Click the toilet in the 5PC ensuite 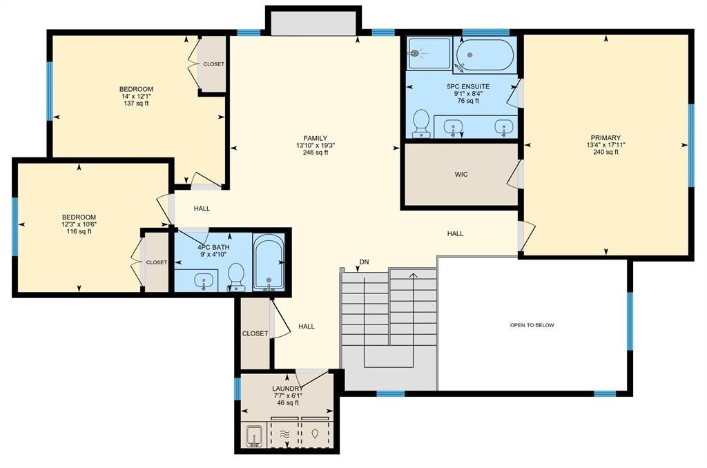[x=421, y=123]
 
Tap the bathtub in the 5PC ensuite [x=485, y=55]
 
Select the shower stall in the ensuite [x=429, y=53]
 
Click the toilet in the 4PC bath [x=236, y=277]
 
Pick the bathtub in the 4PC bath [x=269, y=262]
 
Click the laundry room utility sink [x=254, y=436]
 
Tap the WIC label [x=461, y=175]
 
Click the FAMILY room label [x=315, y=139]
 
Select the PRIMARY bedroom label [x=606, y=137]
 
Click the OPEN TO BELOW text [x=532, y=325]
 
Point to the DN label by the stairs [x=365, y=262]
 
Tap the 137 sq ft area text [x=136, y=104]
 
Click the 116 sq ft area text [x=79, y=232]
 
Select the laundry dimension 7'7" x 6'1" [x=288, y=396]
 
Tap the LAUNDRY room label [x=287, y=389]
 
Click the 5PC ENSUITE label [x=468, y=86]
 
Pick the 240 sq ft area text [x=606, y=152]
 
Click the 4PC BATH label [x=214, y=247]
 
